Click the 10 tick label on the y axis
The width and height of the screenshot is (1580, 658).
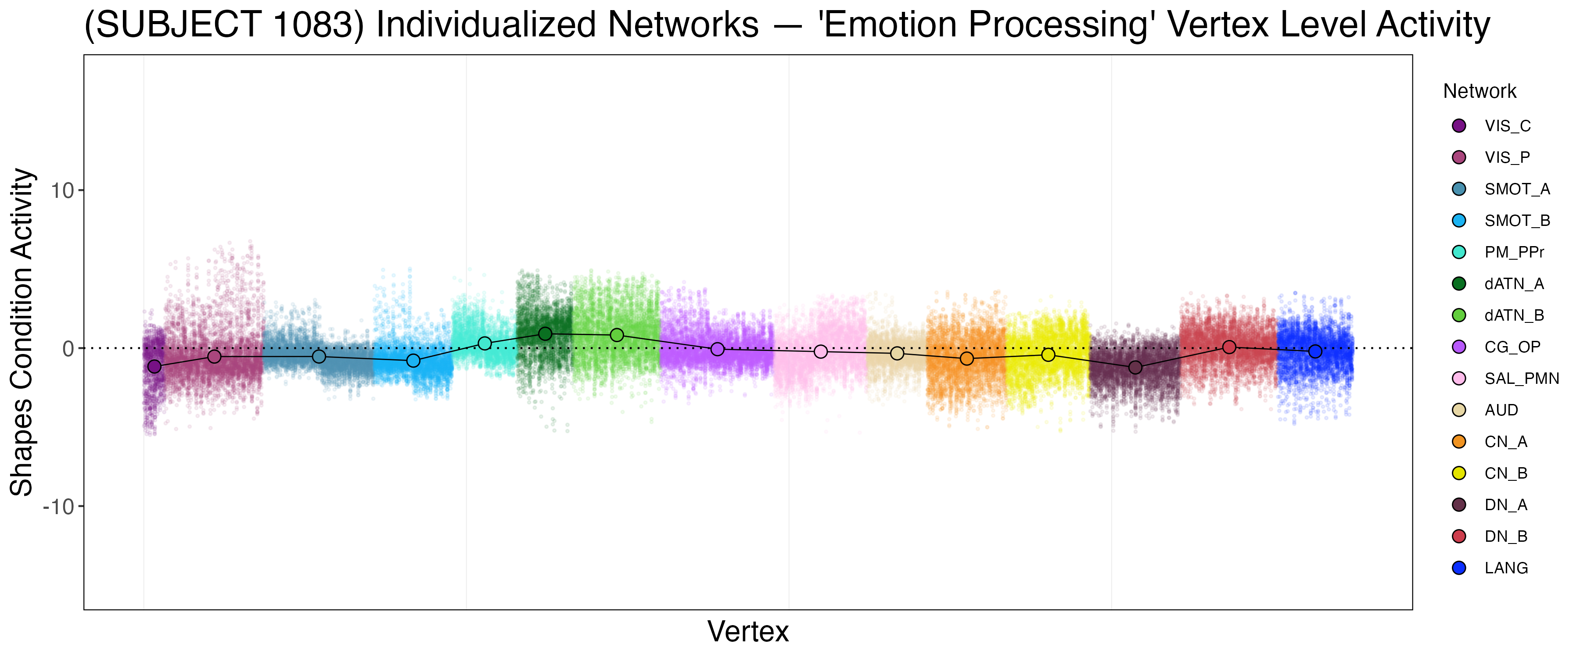62,191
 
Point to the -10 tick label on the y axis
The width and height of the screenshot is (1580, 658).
58,507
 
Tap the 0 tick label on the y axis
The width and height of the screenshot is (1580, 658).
68,349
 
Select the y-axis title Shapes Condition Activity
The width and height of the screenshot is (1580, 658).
22,332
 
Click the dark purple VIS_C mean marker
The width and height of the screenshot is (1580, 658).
154,367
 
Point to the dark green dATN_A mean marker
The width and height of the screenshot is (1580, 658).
545,333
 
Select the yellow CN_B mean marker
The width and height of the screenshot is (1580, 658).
1048,355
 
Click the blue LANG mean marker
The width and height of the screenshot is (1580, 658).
1315,351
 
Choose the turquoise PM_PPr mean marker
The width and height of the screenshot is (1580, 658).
485,343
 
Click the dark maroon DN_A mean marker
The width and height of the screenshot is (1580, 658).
1135,367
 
